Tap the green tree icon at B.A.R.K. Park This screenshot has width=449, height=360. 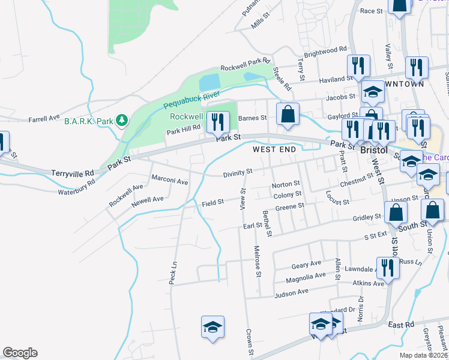(x=122, y=121)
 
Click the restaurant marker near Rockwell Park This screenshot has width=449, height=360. (x=218, y=122)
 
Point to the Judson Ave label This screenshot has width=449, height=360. (x=291, y=292)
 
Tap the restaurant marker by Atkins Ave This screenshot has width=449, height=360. (x=387, y=268)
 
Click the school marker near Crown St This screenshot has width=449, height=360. (x=212, y=327)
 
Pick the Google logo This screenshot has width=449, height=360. (x=20, y=353)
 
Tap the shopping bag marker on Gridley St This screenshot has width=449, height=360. (x=396, y=212)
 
